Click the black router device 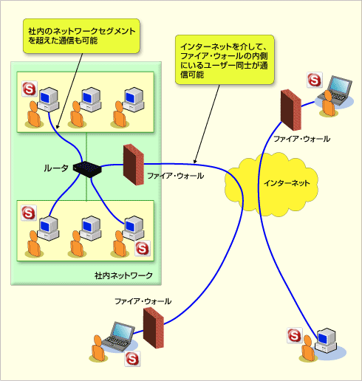(x=87, y=169)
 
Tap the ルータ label (x=56, y=168)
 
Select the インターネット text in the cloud (x=287, y=183)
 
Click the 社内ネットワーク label (x=123, y=275)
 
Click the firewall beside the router (x=134, y=165)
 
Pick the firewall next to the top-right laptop (x=291, y=110)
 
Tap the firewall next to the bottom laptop (x=154, y=328)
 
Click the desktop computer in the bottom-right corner (x=326, y=340)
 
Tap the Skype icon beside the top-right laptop (x=315, y=80)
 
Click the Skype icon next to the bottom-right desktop (x=295, y=335)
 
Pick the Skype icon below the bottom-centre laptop (x=132, y=359)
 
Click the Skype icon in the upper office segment (x=30, y=89)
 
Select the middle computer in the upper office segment (x=91, y=100)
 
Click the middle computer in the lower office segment (x=91, y=228)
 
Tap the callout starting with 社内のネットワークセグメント (x=81, y=36)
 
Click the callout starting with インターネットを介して (x=225, y=60)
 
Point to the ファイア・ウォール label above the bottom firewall (x=143, y=301)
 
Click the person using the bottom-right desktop (x=307, y=349)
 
